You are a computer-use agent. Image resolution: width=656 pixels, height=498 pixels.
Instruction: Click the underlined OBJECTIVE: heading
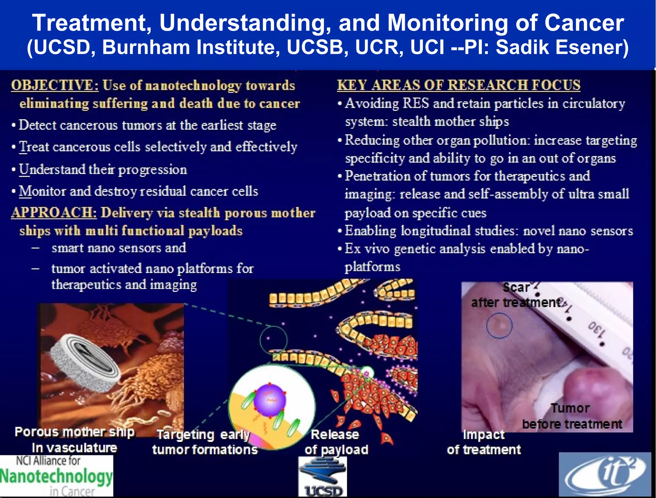tap(55, 86)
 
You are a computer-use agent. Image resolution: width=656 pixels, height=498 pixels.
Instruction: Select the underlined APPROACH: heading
tap(54, 213)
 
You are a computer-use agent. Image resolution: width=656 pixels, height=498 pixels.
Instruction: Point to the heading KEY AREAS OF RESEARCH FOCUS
tap(458, 85)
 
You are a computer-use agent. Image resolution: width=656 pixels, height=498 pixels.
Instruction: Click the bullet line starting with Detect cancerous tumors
tap(147, 125)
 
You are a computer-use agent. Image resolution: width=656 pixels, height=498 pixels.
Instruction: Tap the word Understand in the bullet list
tap(52, 170)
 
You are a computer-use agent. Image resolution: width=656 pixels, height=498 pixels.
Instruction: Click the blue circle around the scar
tap(499, 325)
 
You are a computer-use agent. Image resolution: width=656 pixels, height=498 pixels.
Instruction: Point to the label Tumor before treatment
tap(572, 416)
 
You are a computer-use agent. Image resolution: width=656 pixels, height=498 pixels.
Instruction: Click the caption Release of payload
tap(336, 442)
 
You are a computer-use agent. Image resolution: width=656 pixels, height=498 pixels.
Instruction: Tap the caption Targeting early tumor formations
tap(205, 442)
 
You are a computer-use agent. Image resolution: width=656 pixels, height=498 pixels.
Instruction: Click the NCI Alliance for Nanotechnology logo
tap(56, 476)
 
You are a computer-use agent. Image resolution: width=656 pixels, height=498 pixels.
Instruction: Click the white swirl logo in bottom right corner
tap(605, 475)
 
